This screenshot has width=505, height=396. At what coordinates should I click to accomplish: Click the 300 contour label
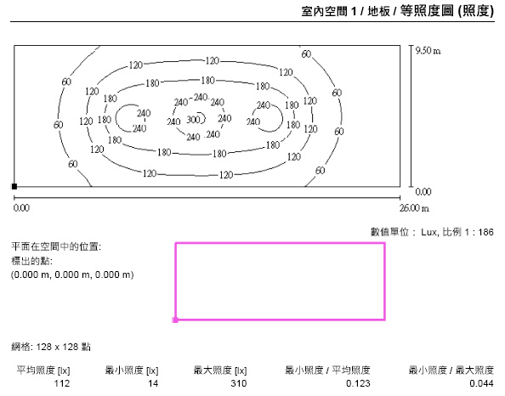click(193, 120)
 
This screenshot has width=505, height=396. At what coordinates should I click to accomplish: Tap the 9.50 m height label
click(428, 51)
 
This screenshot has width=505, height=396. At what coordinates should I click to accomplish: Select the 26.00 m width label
click(414, 208)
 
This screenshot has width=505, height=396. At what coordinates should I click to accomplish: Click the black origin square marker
click(14, 186)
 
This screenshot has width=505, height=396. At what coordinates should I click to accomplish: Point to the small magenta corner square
click(175, 320)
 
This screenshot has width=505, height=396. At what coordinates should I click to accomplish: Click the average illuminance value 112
click(62, 383)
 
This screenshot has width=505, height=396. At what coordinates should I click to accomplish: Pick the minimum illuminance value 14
click(153, 383)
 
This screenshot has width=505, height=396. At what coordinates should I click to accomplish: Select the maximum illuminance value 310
click(239, 383)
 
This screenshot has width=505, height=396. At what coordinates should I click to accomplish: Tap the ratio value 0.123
click(358, 383)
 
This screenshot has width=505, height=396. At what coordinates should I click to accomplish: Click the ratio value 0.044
click(481, 383)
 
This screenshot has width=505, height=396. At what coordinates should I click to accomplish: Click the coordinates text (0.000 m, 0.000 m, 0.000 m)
click(72, 275)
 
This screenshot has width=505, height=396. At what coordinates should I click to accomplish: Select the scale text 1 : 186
click(479, 232)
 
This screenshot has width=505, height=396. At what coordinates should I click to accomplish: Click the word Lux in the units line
click(429, 232)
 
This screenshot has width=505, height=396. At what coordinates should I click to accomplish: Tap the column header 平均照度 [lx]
click(43, 371)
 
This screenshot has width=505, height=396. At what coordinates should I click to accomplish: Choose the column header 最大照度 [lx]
click(220, 371)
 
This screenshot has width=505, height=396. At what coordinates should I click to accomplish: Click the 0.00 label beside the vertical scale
click(423, 192)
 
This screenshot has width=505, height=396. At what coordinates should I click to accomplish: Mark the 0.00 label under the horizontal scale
click(21, 208)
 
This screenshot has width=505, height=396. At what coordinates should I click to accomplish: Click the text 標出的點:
click(31, 261)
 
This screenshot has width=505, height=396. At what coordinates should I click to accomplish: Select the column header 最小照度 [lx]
click(132, 371)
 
